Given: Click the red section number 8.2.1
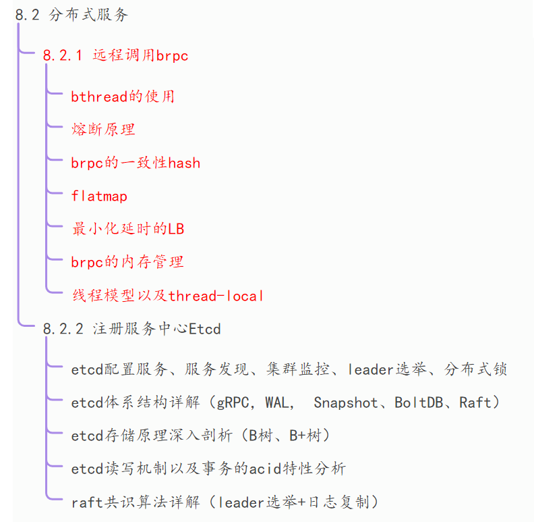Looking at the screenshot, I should [x=62, y=56].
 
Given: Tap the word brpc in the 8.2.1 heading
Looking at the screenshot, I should [x=172, y=56].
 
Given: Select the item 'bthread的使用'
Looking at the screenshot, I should [x=123, y=97].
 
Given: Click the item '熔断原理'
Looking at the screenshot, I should [x=104, y=130].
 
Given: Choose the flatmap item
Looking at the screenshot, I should [x=99, y=196].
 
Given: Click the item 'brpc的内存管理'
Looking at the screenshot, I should [x=127, y=262].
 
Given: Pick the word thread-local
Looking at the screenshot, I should [x=216, y=296].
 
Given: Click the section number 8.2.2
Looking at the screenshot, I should [x=62, y=330].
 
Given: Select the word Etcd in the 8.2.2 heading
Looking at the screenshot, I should [x=205, y=330].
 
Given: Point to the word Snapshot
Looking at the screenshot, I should [x=346, y=403].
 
